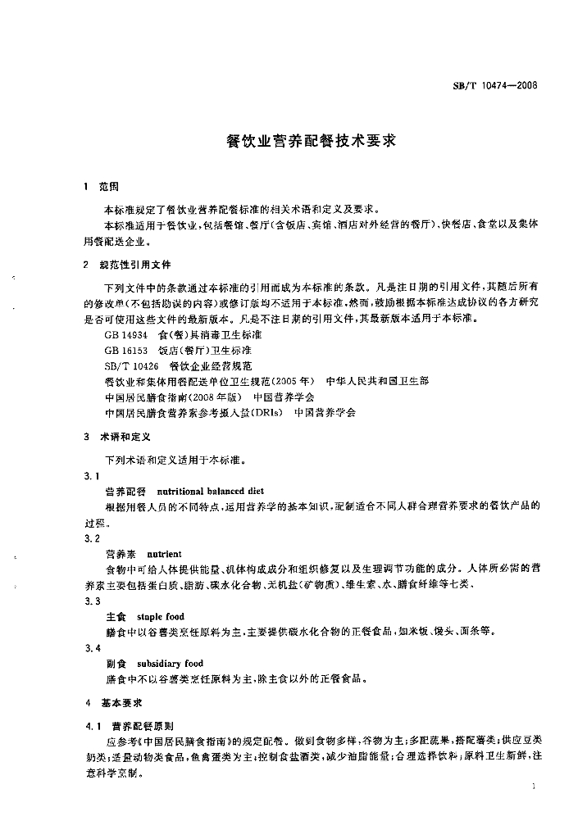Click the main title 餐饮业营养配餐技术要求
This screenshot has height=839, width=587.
point(293,140)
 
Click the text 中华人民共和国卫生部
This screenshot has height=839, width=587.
point(377,382)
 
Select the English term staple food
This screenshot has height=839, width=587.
point(161,616)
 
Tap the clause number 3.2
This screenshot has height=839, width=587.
point(92,538)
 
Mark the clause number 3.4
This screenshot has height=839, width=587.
point(92,647)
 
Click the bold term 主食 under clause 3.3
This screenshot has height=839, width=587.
point(116,616)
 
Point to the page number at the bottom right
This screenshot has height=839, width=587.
point(534,787)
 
